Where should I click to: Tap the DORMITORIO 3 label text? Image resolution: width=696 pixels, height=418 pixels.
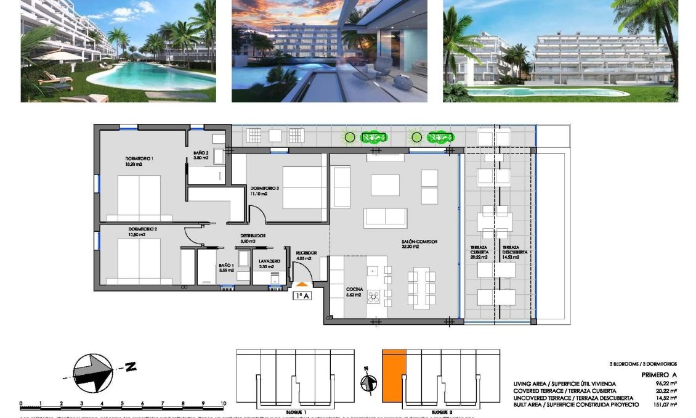264,188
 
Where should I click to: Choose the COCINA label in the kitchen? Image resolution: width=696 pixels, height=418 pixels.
354,289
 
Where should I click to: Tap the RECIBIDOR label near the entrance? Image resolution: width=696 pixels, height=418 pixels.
306,253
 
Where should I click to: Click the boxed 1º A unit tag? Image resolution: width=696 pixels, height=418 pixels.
302,295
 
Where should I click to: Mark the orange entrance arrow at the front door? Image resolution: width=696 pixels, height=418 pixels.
302,284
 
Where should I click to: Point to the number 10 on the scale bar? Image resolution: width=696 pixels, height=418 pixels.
222,404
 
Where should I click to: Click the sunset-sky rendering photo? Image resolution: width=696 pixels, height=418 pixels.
329,51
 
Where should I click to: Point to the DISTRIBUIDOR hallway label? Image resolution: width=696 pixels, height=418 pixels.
253,236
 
